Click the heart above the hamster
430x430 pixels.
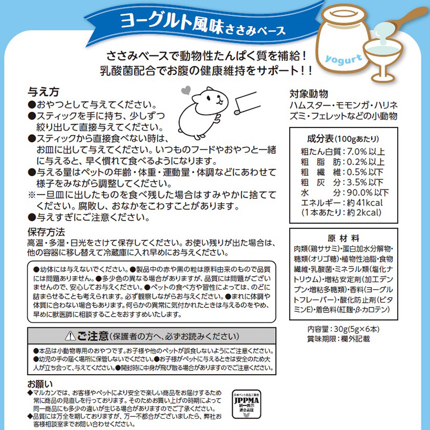(185, 90)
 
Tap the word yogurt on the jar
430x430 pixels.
(343, 59)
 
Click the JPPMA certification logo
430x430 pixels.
(246, 404)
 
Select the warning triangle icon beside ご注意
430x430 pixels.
(70, 335)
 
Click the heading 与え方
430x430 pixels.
(44, 92)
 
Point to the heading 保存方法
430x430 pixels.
(46, 232)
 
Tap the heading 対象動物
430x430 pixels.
(309, 94)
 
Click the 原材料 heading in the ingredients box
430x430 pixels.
(343, 238)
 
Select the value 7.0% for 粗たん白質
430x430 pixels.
(357, 152)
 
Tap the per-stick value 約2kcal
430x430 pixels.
(364, 212)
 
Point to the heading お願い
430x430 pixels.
(40, 384)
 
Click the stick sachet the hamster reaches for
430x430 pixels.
(247, 103)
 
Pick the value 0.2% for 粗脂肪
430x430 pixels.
(357, 162)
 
